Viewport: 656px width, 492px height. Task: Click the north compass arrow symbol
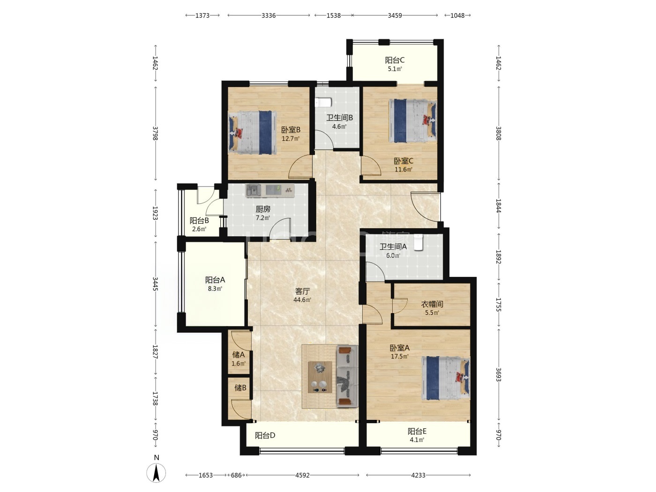(156, 473)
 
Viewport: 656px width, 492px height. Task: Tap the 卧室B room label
(291, 130)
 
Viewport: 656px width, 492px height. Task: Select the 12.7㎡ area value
(291, 139)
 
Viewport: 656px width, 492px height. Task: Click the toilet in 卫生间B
(323, 103)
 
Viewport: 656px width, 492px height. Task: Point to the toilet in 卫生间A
(418, 242)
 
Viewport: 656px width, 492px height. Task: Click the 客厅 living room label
(302, 291)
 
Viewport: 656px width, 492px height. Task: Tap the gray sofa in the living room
(347, 376)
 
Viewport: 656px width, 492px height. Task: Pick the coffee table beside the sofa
(320, 377)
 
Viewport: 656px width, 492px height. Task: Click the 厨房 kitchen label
(263, 209)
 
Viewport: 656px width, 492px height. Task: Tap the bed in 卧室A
(445, 378)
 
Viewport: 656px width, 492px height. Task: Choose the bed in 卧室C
(412, 121)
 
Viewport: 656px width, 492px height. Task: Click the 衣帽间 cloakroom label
(432, 304)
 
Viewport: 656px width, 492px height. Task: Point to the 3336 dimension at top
(268, 15)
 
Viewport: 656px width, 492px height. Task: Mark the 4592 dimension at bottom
(302, 475)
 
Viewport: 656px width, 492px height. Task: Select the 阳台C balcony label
(395, 60)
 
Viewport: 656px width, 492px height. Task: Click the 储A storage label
(239, 355)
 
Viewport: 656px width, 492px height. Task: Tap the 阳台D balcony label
(265, 436)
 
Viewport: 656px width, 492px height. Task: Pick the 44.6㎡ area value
(302, 300)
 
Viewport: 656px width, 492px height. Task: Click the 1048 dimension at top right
(457, 15)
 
